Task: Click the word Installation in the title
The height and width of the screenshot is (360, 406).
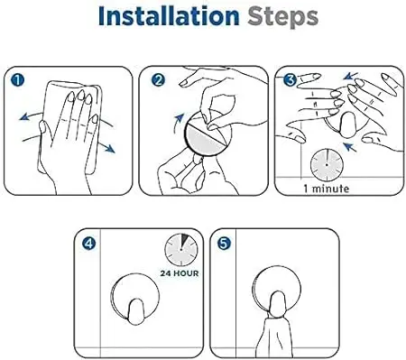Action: (x=169, y=16)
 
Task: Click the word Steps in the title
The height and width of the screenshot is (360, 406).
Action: (x=282, y=18)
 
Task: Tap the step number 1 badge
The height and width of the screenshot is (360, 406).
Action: (x=17, y=80)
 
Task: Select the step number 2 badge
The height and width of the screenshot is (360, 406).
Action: (x=158, y=80)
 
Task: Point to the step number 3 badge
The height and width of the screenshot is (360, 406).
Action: (x=291, y=80)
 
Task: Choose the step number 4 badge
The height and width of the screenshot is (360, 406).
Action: (x=88, y=244)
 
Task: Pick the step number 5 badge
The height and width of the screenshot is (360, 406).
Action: (x=224, y=244)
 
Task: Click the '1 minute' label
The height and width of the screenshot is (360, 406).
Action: (x=327, y=189)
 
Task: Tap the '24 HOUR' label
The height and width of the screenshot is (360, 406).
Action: (x=180, y=273)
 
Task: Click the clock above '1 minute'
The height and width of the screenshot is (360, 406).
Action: (x=327, y=165)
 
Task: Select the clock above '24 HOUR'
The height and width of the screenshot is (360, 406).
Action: (x=181, y=250)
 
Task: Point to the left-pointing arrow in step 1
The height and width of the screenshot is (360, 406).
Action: (x=31, y=115)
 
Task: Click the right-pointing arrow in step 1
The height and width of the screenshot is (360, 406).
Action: (x=106, y=147)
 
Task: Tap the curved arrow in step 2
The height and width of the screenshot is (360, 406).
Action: (x=178, y=123)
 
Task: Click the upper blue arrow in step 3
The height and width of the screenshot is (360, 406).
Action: (x=351, y=76)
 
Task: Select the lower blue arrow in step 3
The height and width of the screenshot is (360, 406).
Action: (x=350, y=147)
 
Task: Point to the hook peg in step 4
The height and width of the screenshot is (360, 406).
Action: (x=136, y=311)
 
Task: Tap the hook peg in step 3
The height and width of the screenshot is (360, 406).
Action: (x=348, y=125)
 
